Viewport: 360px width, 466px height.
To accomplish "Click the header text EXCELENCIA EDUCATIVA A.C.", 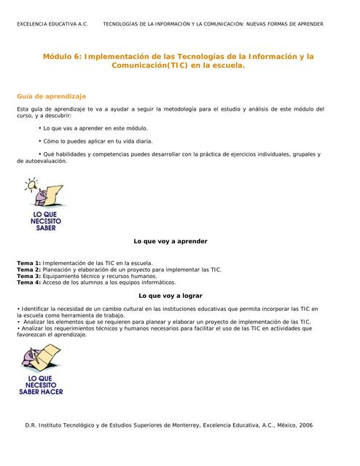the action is coord(52,24).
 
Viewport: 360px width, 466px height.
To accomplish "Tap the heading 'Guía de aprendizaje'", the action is coord(52,96).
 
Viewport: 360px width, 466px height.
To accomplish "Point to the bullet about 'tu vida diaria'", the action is coord(98,141).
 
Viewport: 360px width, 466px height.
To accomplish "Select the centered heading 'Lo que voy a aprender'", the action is coord(171,241).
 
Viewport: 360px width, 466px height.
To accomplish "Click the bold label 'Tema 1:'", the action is coord(29,262).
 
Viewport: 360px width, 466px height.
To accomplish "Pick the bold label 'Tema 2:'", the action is coord(29,269).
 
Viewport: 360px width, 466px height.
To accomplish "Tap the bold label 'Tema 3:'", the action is coord(29,276).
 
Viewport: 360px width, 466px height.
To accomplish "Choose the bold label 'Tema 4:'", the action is coord(29,283).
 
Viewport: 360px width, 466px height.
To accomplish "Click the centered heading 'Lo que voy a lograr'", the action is coord(171,296).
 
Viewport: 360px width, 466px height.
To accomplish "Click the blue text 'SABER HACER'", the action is coord(41,392).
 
